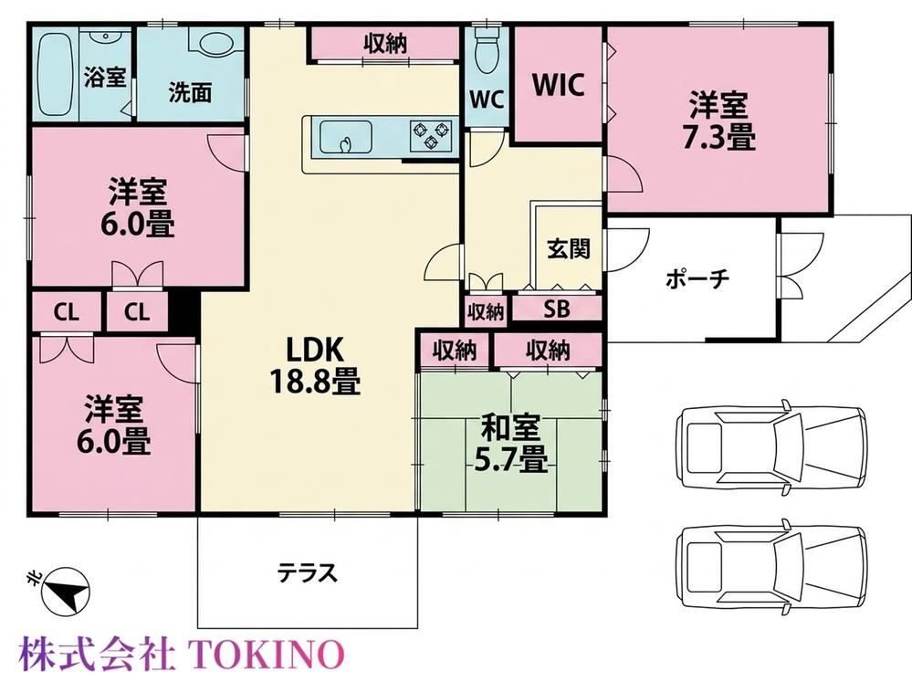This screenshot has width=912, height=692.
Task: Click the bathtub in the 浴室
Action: [55, 75]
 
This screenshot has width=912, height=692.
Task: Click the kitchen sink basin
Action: [346, 137]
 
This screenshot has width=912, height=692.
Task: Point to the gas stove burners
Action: [431, 134]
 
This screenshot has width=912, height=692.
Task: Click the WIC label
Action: [559, 86]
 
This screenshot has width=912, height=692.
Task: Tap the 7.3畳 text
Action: [718, 140]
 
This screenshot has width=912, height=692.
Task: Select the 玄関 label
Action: [568, 248]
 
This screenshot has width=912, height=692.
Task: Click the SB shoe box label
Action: [557, 309]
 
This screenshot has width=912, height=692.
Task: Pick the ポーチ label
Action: [697, 279]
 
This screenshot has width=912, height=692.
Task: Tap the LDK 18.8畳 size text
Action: [315, 383]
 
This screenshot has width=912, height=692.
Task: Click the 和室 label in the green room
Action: [510, 428]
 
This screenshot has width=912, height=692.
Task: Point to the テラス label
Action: [307, 572]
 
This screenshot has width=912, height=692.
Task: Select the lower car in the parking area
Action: [770, 565]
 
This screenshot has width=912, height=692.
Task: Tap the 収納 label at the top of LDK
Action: [385, 44]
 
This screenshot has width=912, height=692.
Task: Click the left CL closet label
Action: [66, 312]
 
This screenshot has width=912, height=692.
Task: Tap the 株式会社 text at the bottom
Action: [97, 655]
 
